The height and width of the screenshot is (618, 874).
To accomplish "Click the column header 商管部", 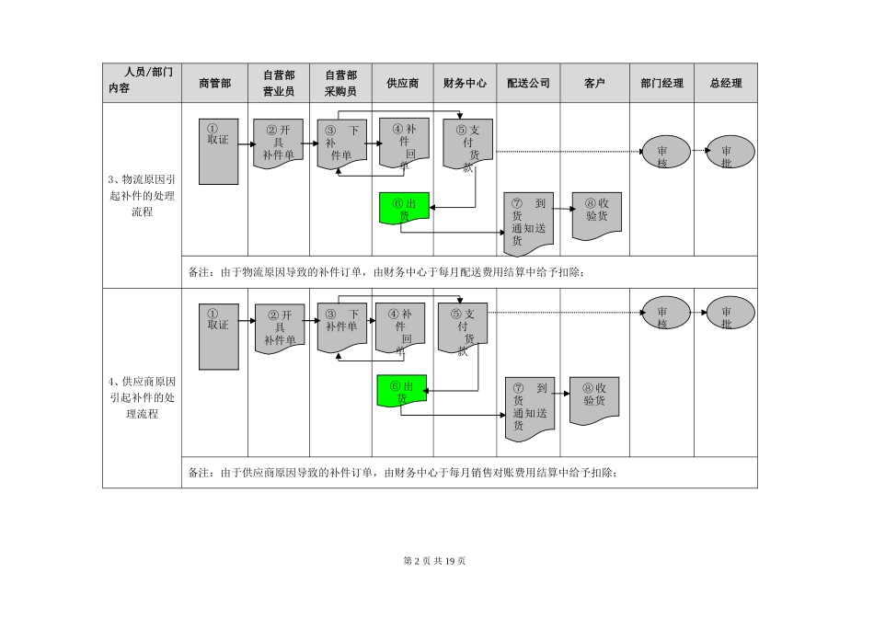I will tap(214, 83).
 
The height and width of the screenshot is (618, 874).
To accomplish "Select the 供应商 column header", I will tap(402, 83).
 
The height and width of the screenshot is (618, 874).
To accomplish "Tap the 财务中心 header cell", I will tap(465, 83).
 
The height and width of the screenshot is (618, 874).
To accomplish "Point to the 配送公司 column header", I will tap(528, 83).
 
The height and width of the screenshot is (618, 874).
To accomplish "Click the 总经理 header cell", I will tap(726, 83).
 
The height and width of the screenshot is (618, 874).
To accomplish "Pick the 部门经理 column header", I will tap(661, 83).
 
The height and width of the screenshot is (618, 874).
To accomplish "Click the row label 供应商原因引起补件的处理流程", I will tap(141, 397).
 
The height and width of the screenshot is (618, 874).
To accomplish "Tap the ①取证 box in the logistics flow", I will tap(218, 151).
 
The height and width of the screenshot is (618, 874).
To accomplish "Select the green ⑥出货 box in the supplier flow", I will tap(401, 393).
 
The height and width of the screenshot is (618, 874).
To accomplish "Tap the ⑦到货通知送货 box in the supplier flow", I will tap(529, 406).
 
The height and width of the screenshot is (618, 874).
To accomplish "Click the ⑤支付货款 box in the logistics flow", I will tap(467, 143).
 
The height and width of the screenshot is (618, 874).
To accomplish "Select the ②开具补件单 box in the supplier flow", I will tap(279, 327).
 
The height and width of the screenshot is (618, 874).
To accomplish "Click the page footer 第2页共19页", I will tap(436, 562).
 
